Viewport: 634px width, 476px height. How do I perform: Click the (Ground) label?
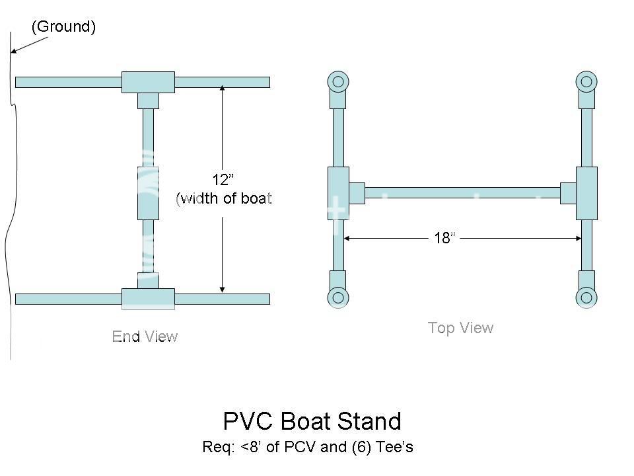[63, 27]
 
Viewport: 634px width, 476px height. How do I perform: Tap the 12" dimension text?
[223, 180]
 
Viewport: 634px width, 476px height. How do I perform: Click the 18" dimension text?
[444, 238]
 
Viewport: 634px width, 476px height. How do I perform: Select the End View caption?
[145, 337]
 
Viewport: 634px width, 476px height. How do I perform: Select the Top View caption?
[460, 327]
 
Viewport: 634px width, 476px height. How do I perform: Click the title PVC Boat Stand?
[312, 421]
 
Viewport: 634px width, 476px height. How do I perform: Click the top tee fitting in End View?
[148, 82]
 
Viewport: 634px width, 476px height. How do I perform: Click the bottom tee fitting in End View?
[148, 298]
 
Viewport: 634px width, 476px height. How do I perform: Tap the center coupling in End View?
[148, 193]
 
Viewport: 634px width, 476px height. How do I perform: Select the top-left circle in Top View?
[338, 82]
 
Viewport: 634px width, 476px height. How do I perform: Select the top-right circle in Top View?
[586, 82]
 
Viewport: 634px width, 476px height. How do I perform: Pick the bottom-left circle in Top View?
[338, 297]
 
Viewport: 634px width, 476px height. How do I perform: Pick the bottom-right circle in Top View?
[586, 297]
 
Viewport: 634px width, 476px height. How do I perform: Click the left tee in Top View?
[338, 193]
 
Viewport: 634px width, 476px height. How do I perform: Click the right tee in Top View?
[586, 193]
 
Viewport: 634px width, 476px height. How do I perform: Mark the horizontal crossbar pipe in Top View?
[462, 193]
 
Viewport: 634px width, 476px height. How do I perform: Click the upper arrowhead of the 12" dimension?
[223, 87]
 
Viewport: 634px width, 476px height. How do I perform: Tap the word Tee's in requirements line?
[394, 447]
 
